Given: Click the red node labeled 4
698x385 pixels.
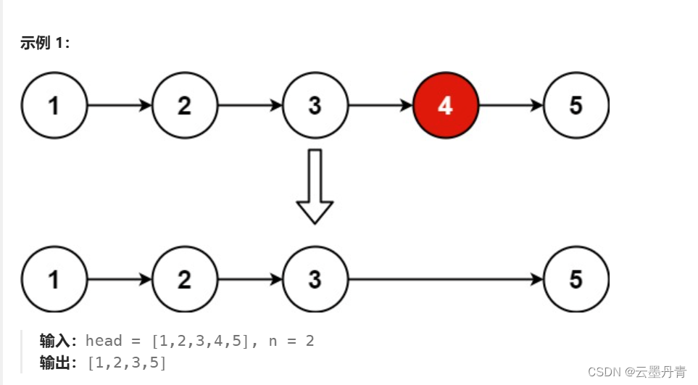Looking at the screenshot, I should pos(445,106).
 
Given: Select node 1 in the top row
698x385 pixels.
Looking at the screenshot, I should pos(54,106).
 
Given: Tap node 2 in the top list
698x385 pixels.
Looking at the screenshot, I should pos(185,106).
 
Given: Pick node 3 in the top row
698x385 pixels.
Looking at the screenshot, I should pos(315,106).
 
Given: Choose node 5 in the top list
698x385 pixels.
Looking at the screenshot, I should pos(576,106).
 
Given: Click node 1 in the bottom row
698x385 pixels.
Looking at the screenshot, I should pos(54,279).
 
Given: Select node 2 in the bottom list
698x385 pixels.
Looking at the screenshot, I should pos(185,279).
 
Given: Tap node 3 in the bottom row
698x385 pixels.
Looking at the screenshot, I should pos(315,279).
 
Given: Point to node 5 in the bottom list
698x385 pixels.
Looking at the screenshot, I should pos(576,279).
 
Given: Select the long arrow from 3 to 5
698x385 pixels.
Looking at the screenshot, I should pos(445,279).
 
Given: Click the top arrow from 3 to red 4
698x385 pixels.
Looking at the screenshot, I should pos(380,106).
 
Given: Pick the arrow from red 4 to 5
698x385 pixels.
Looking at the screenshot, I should pos(510,106).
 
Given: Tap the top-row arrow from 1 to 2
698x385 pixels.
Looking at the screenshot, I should pos(120,106).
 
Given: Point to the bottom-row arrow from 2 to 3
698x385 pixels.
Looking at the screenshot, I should pos(250,279).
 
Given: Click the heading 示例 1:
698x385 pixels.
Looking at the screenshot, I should pos(45,44).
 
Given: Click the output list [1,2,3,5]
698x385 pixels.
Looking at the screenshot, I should pos(127,363).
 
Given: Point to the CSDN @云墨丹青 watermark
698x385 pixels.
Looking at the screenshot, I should pos(637,372).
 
